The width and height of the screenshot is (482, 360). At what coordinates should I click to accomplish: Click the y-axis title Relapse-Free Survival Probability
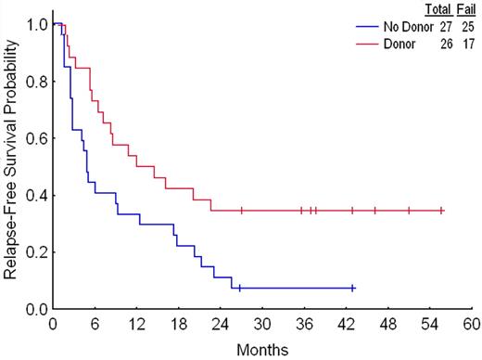[x=12, y=161]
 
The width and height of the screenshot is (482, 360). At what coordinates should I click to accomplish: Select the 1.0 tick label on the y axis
[x=33, y=24]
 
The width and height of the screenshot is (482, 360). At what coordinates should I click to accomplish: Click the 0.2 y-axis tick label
[x=33, y=251]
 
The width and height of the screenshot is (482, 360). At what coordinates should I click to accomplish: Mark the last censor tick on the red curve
[x=442, y=211]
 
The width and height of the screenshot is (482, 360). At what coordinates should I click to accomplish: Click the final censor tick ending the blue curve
[x=353, y=289]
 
